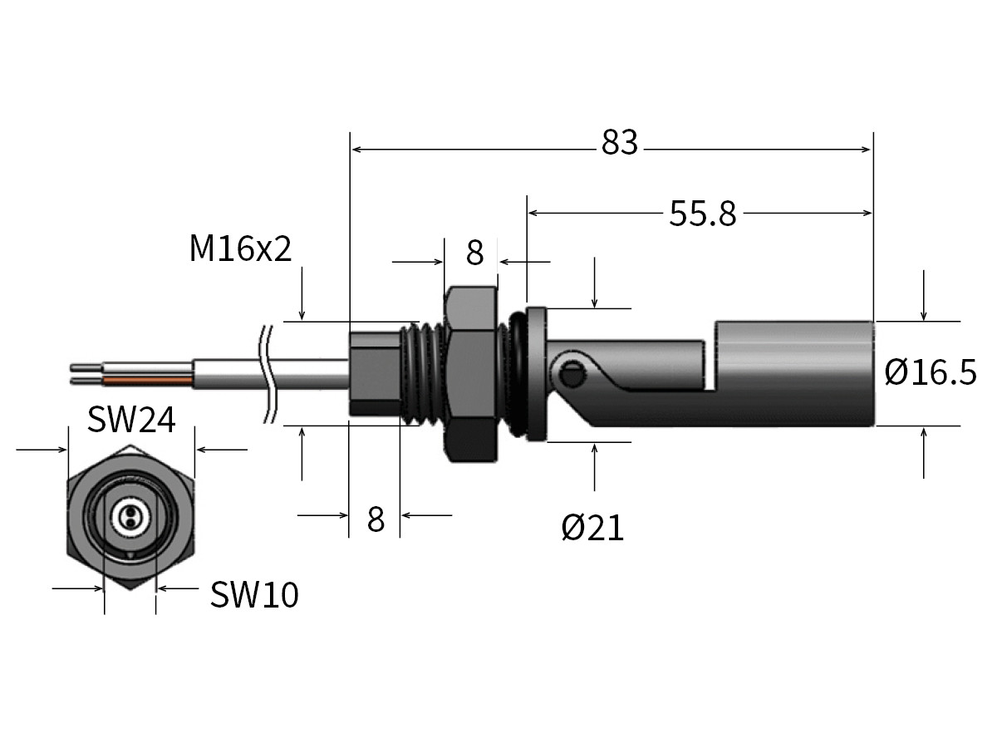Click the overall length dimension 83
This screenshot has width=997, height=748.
620,143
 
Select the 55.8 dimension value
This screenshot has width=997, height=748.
703,214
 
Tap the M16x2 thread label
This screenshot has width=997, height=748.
241,249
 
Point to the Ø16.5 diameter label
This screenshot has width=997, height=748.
931,372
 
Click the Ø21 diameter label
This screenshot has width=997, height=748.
592,527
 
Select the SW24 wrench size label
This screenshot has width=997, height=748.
132,421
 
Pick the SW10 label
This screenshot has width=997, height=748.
254,595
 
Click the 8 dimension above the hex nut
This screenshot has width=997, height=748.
474,253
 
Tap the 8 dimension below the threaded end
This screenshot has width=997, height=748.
376,520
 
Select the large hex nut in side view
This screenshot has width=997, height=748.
472,374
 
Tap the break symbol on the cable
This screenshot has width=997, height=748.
268,374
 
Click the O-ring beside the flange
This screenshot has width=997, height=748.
516,374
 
